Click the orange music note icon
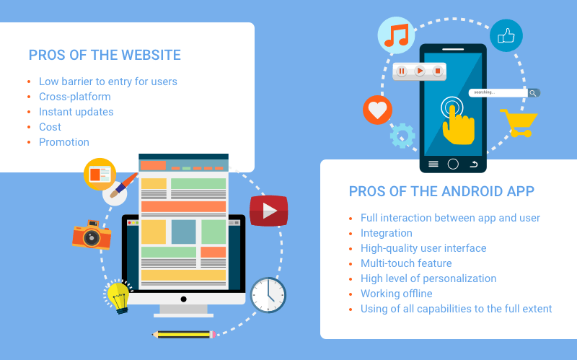[x=396, y=35]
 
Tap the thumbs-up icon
[x=506, y=35]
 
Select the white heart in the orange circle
[x=377, y=110]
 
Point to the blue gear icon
[x=402, y=136]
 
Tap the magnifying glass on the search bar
[x=533, y=93]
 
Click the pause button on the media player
[x=402, y=71]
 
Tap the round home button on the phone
[x=453, y=164]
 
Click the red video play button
[x=268, y=211]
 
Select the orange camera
[x=92, y=235]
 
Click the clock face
[x=268, y=295]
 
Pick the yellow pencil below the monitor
[x=184, y=335]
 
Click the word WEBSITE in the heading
[x=151, y=56]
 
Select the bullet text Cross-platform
[x=75, y=97]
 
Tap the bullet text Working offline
[x=396, y=294]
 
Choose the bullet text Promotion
[x=64, y=142]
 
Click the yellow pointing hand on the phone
[x=458, y=125]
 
